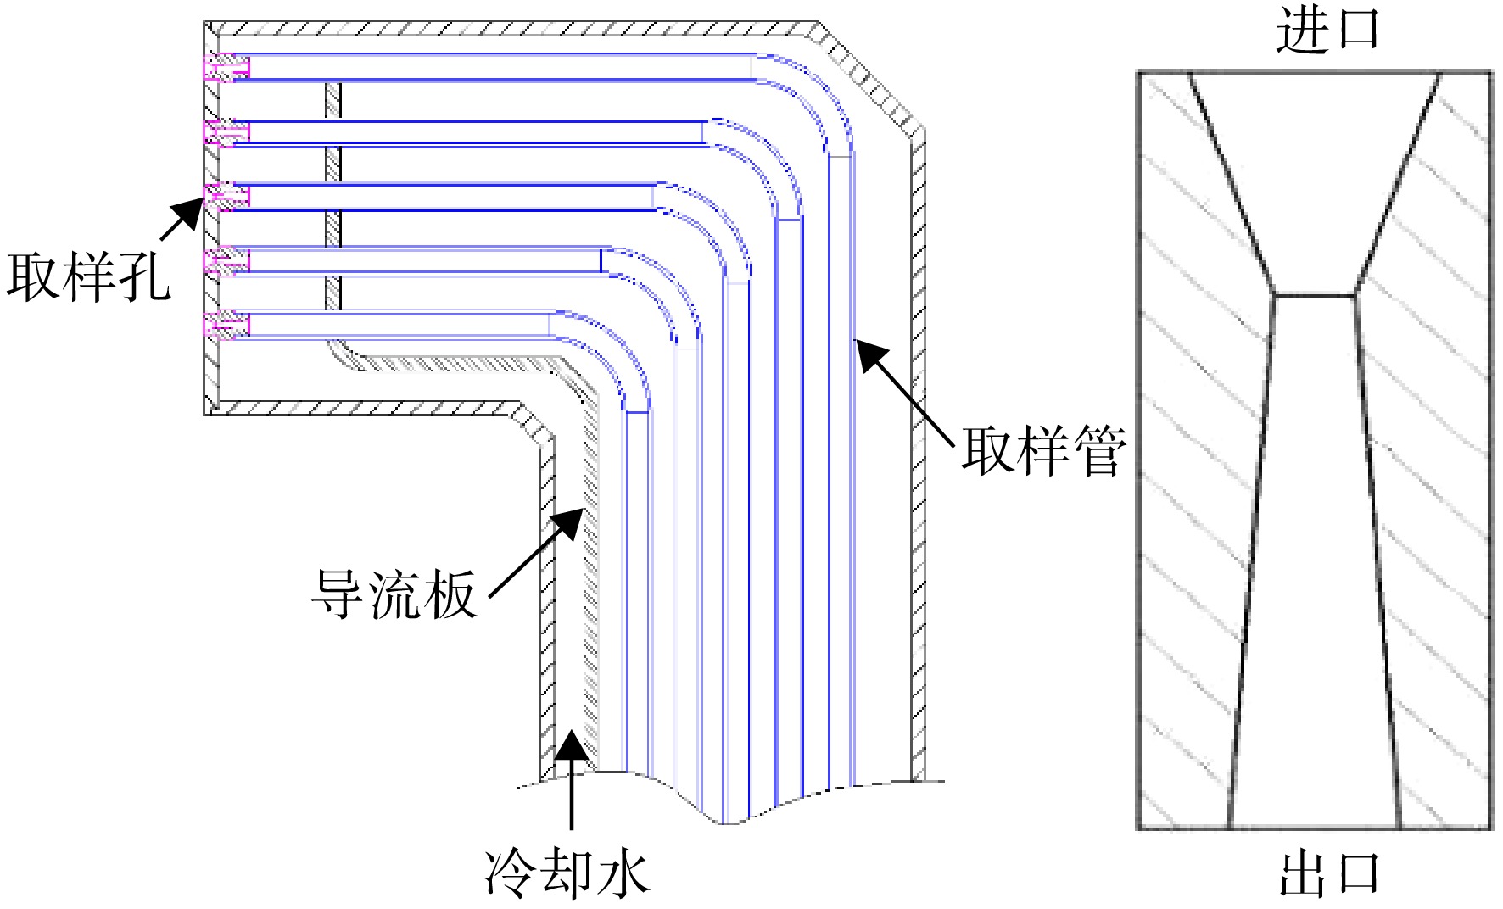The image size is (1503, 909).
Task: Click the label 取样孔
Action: click(88, 276)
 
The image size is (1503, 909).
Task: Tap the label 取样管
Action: click(1044, 449)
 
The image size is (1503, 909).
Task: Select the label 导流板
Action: click(394, 593)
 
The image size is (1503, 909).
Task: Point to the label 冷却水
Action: click(567, 873)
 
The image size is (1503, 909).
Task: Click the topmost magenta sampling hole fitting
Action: click(226, 68)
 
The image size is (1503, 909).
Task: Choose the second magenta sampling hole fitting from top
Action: click(226, 133)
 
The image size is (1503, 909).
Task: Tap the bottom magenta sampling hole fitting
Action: click(226, 325)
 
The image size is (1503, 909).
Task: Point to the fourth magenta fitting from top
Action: click(226, 261)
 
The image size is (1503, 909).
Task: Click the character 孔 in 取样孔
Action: click(144, 276)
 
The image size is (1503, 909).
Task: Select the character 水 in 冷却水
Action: click(623, 873)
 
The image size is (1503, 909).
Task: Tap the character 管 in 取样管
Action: click(1100, 449)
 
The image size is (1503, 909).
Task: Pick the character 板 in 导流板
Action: click(450, 593)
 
